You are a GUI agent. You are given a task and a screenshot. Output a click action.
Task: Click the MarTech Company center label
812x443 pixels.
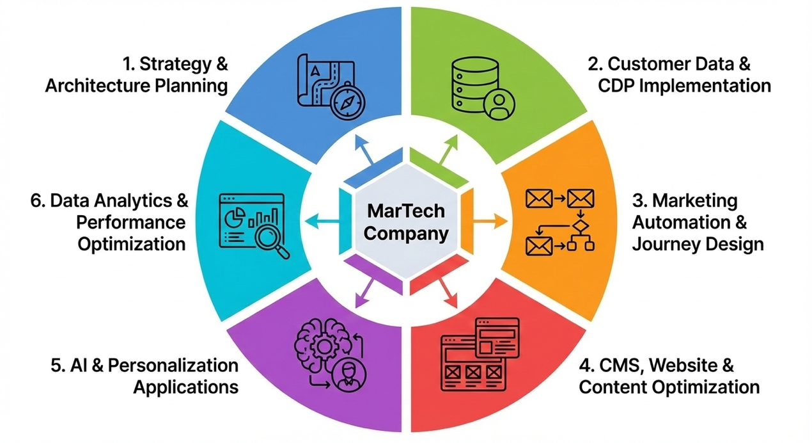pos(406,221)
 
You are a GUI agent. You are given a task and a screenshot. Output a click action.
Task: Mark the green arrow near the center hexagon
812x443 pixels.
pos(445,149)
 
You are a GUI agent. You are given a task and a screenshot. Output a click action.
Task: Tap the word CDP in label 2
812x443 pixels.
pos(616,85)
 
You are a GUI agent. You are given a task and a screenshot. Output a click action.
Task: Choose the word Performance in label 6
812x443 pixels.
pos(131,222)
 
